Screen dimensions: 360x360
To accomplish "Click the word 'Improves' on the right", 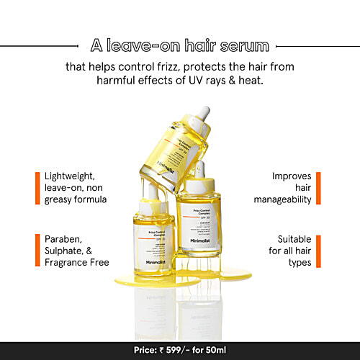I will tap(292, 176).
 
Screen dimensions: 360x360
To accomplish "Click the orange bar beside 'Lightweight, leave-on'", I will tap(36, 187).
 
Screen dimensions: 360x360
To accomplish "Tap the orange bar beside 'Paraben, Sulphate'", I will tap(36, 250).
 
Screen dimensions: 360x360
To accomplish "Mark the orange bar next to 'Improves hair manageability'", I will tap(318, 188).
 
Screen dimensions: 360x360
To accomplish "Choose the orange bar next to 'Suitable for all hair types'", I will tap(318, 250).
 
